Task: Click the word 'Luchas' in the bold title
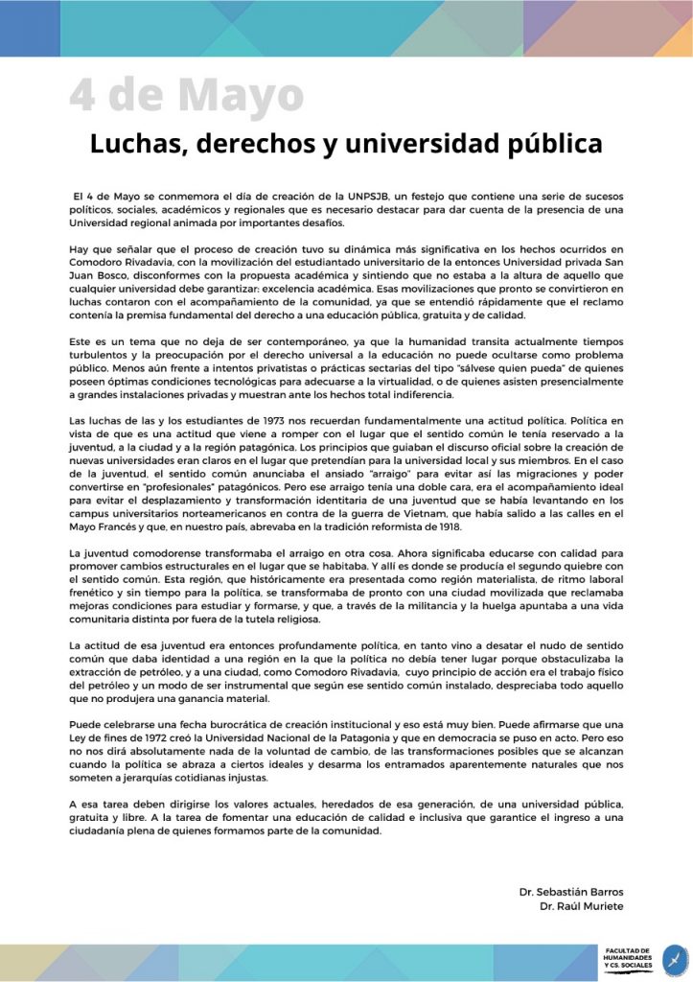coord(135,144)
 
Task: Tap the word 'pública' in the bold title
coord(555,144)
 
